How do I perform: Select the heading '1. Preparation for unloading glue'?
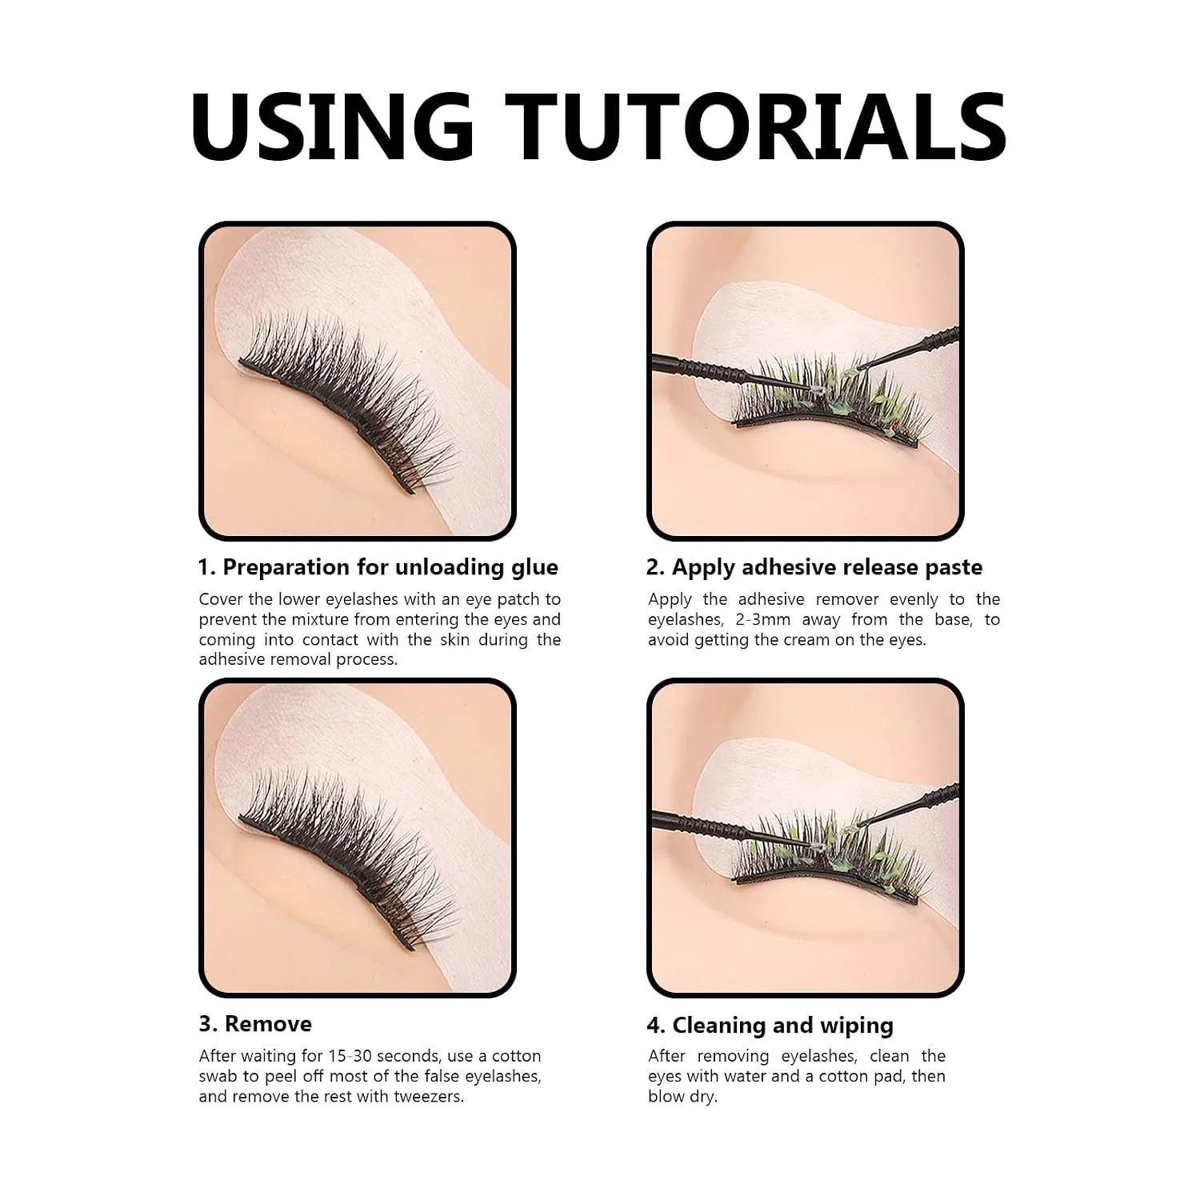378,567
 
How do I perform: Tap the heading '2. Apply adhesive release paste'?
814,567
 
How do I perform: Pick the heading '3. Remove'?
255,1024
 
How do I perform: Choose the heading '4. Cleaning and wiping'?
770,1026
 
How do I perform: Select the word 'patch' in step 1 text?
518,599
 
